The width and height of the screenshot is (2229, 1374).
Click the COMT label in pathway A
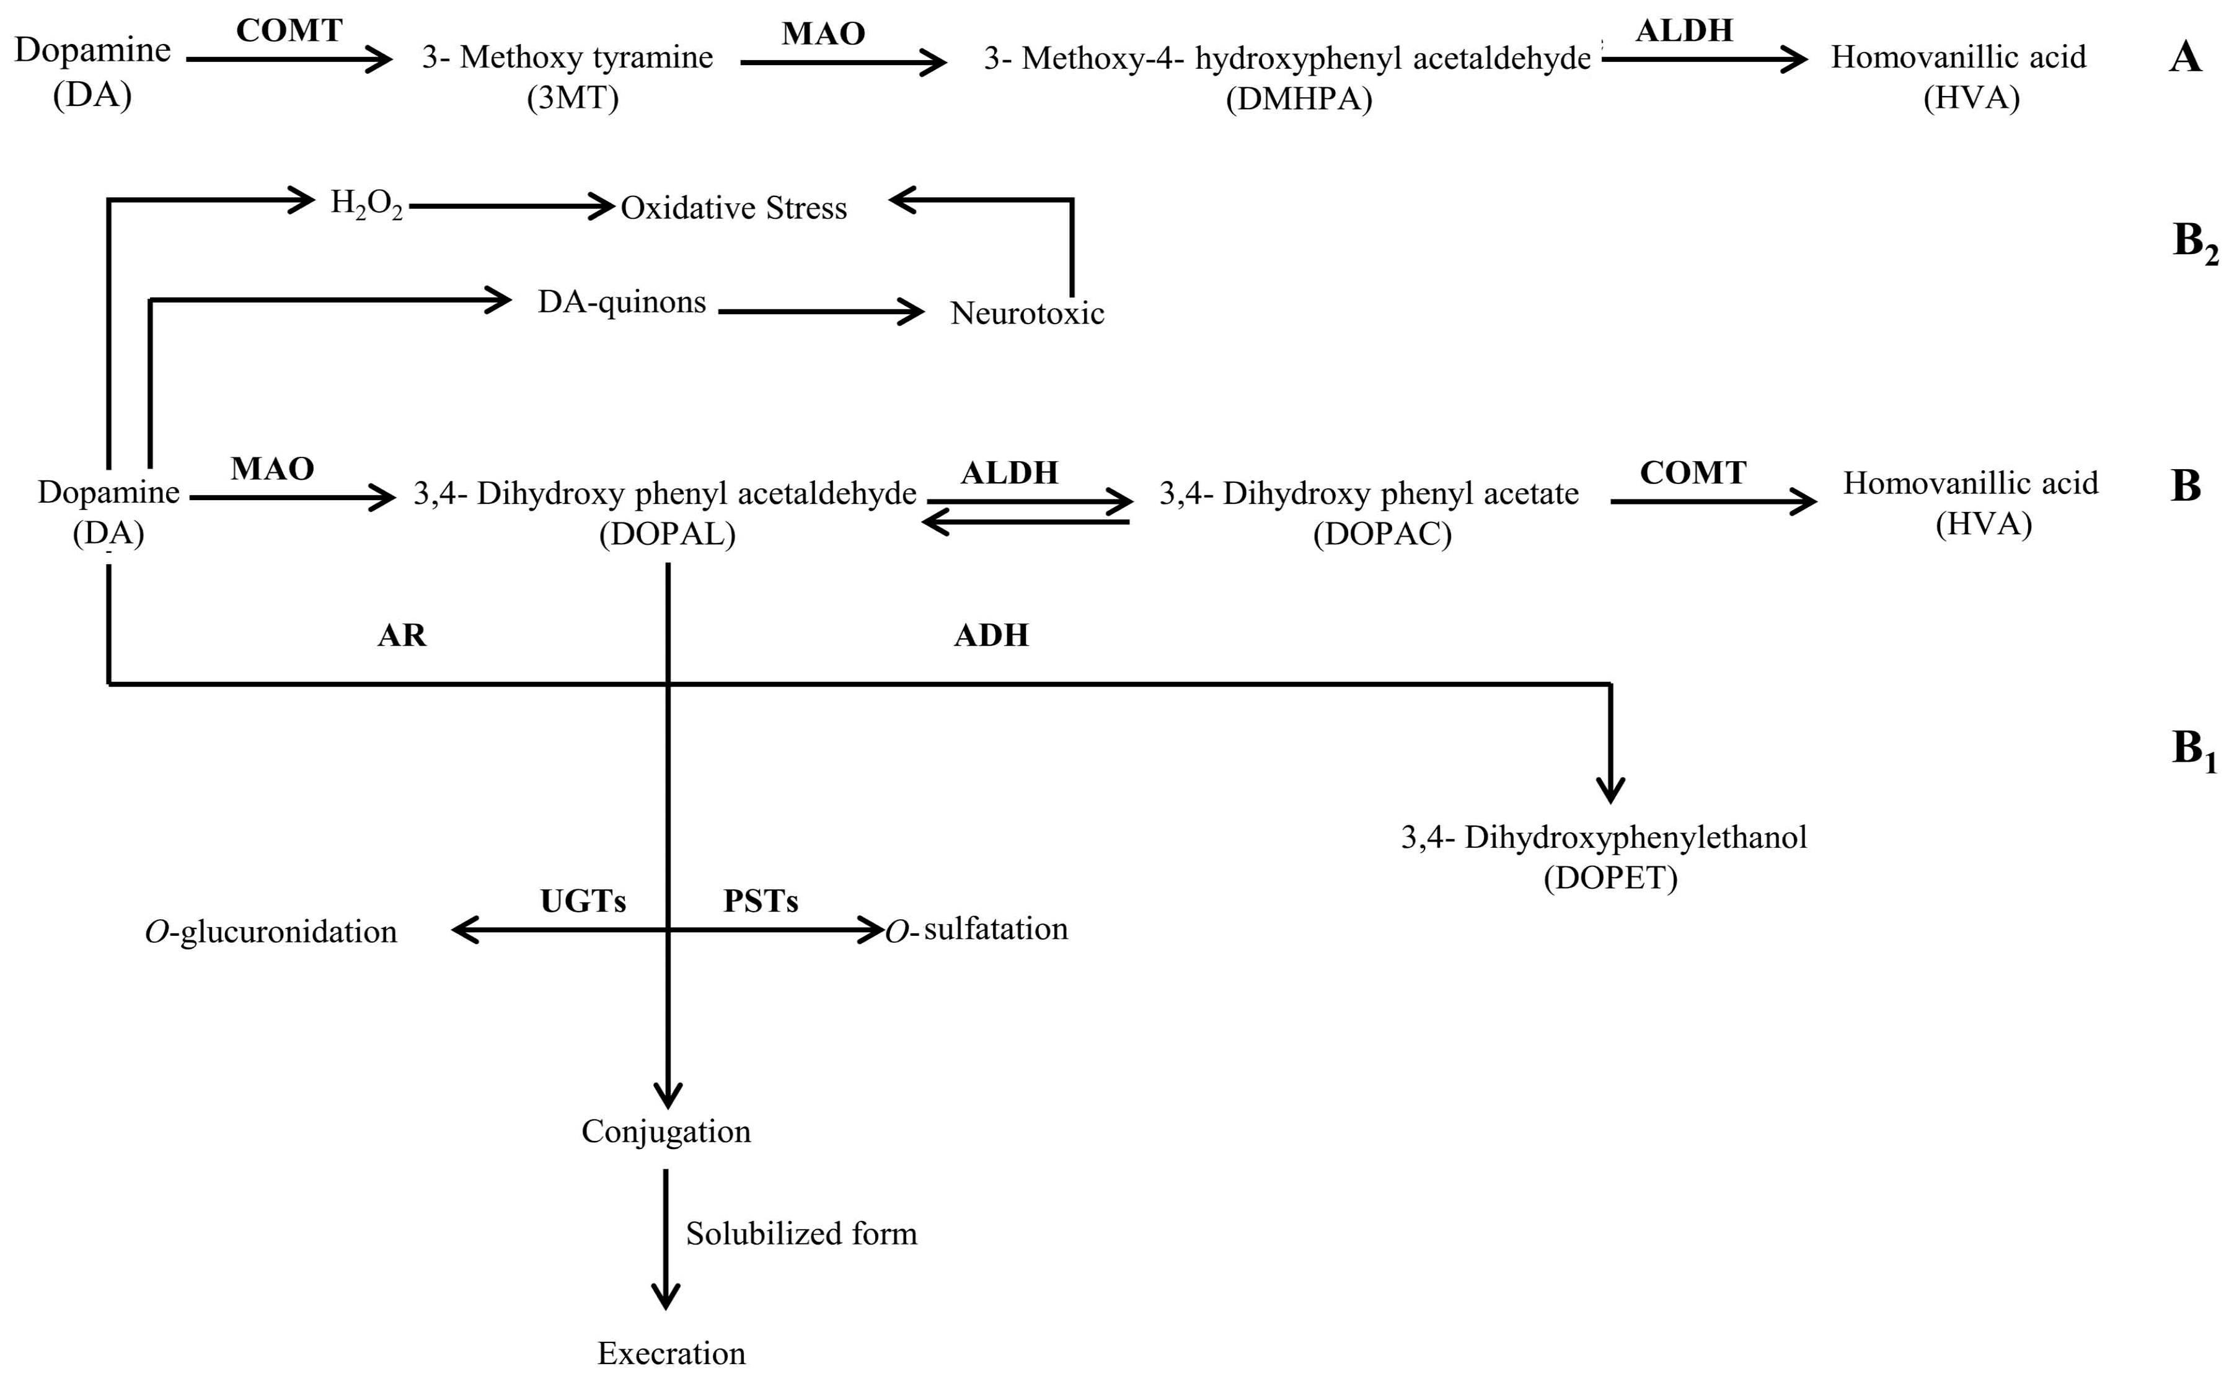pyautogui.click(x=289, y=31)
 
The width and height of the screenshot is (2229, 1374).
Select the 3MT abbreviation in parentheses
pyautogui.click(x=573, y=97)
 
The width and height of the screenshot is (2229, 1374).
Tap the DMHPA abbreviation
pyautogui.click(x=1299, y=98)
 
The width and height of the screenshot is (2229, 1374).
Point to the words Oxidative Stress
pyautogui.click(x=733, y=208)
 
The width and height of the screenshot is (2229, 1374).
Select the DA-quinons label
pyautogui.click(x=622, y=302)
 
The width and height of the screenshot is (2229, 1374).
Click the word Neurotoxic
pyautogui.click(x=1027, y=314)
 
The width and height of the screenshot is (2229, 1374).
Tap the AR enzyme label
pyautogui.click(x=402, y=635)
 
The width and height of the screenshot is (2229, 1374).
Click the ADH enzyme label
pyautogui.click(x=991, y=635)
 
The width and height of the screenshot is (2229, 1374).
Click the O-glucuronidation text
pyautogui.click(x=271, y=931)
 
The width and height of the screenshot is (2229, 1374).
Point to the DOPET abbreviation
pyautogui.click(x=1610, y=878)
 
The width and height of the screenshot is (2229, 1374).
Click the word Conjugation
pyautogui.click(x=666, y=1132)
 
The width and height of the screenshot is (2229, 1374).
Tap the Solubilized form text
pyautogui.click(x=801, y=1233)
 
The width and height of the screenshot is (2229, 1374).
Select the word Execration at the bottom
pyautogui.click(x=671, y=1353)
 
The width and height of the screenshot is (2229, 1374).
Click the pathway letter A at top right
pyautogui.click(x=2186, y=58)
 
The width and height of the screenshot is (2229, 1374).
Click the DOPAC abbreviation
pyautogui.click(x=1382, y=534)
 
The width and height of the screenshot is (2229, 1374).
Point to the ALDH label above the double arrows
pyautogui.click(x=1010, y=472)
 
